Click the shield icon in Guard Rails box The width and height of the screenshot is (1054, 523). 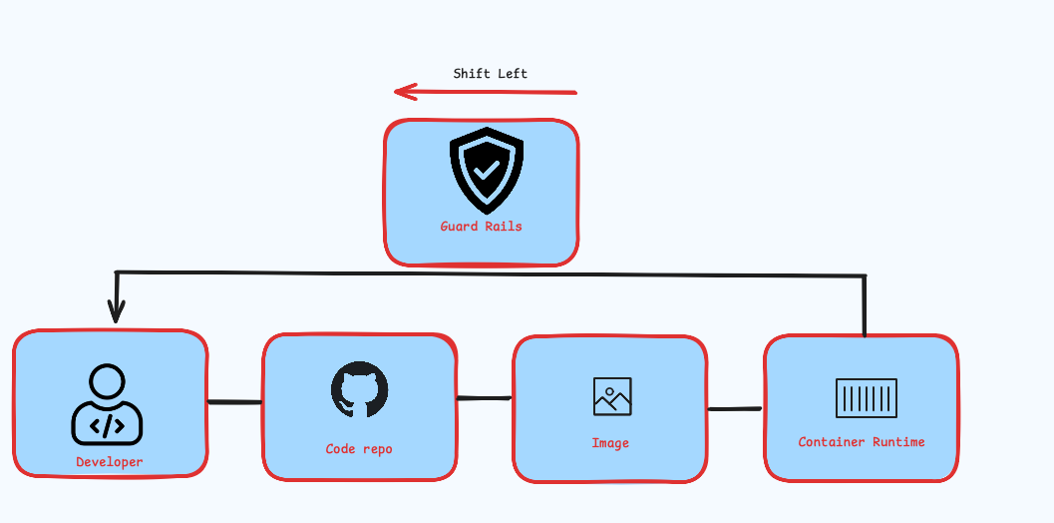(486, 171)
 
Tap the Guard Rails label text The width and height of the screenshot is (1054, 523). (482, 227)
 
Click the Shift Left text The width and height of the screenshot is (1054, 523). (491, 74)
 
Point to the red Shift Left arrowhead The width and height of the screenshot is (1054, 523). (402, 92)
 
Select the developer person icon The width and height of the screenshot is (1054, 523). (107, 404)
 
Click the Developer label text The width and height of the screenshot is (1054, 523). (110, 462)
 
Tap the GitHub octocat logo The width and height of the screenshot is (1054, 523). (359, 389)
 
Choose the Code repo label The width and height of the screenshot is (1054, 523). (359, 449)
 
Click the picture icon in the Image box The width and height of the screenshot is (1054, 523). (612, 396)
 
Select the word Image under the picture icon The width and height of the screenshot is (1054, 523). (610, 443)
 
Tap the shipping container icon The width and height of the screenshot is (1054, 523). (866, 398)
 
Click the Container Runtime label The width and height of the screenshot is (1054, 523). (862, 441)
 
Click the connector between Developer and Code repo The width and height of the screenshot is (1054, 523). (235, 402)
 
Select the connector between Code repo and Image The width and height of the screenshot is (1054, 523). (485, 398)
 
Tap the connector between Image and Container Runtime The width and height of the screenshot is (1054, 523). (735, 408)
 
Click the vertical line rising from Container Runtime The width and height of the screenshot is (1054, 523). (865, 304)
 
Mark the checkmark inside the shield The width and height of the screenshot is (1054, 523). (487, 172)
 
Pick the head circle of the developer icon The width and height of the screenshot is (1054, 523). (107, 381)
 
